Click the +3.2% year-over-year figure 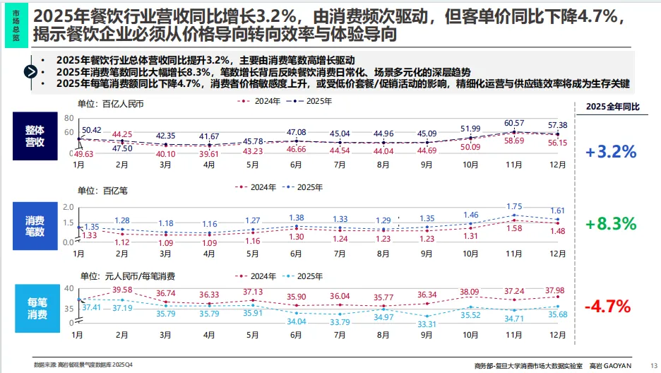tap(611, 151)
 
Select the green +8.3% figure tap(611, 224)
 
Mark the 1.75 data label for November tap(515, 206)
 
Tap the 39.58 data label tap(122, 290)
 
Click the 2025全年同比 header tap(612, 107)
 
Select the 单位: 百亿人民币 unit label tap(110, 104)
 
